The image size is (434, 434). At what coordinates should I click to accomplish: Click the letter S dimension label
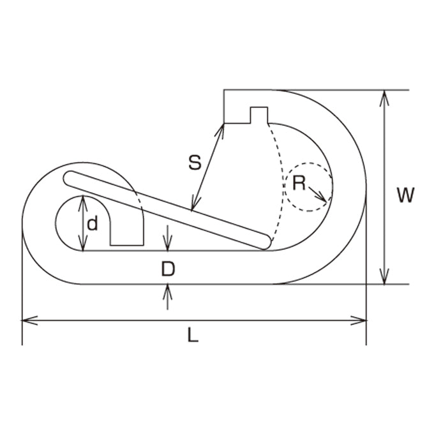(195, 163)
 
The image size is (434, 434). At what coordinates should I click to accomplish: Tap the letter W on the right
(405, 195)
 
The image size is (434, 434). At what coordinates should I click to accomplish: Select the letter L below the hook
(193, 334)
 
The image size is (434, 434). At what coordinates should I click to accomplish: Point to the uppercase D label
(168, 269)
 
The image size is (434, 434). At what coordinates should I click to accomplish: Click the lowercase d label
(93, 223)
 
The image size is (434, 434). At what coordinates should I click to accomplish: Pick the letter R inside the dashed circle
(299, 183)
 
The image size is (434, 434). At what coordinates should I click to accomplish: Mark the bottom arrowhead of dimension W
(384, 276)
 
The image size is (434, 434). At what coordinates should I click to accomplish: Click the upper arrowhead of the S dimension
(220, 130)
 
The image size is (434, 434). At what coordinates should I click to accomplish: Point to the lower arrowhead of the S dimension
(194, 204)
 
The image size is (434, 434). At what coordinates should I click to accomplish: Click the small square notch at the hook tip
(259, 115)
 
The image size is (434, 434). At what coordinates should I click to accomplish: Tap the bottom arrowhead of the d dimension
(83, 244)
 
